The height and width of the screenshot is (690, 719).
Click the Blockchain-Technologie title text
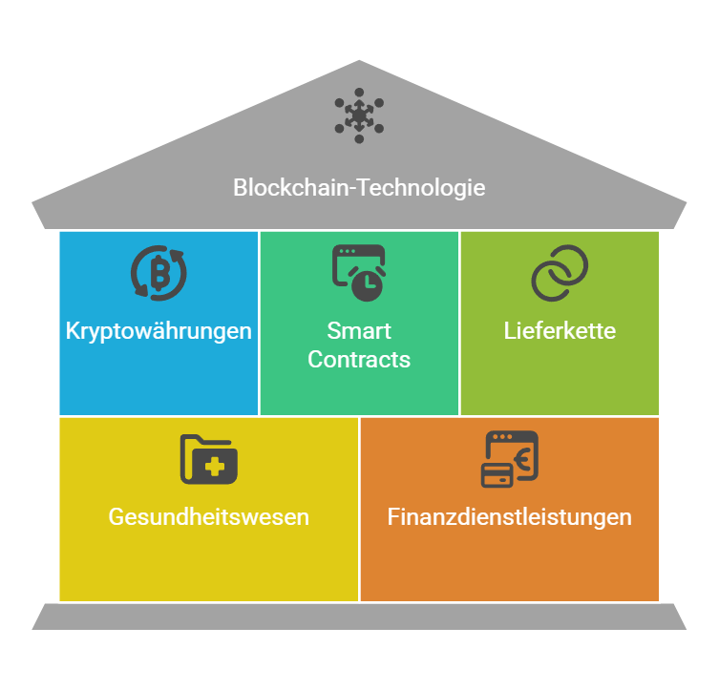(359, 188)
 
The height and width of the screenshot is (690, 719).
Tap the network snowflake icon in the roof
(359, 115)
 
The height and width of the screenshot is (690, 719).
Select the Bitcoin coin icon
(159, 273)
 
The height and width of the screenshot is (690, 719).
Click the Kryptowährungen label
(159, 331)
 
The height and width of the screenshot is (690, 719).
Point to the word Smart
(359, 331)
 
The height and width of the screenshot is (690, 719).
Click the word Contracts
(359, 359)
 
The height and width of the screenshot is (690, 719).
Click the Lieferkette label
(560, 331)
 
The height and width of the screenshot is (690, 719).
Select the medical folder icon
(209, 459)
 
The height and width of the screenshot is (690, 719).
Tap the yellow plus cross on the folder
(215, 467)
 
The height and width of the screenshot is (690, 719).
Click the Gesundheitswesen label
(209, 517)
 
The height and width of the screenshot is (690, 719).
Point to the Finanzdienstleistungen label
(510, 517)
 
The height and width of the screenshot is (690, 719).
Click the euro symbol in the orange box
(523, 459)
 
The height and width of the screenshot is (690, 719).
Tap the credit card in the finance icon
(497, 475)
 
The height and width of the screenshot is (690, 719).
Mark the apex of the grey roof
(359, 60)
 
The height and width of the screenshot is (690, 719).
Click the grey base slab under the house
(359, 617)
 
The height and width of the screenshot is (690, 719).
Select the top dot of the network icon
(359, 92)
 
